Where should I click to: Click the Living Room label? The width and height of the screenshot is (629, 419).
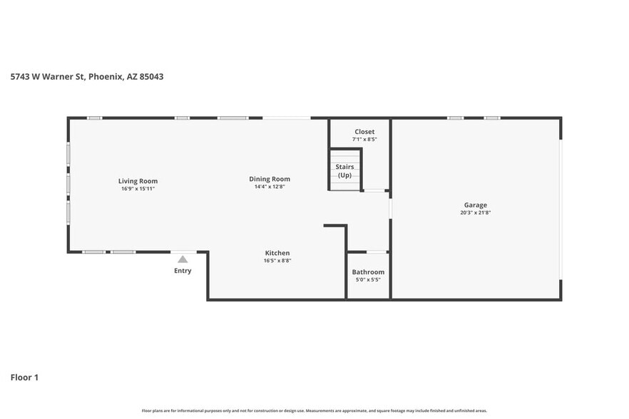tap(138, 181)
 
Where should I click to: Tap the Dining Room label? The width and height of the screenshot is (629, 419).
tap(270, 179)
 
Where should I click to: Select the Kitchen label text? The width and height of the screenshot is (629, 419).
tap(277, 253)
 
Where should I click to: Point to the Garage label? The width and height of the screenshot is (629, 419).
tap(475, 205)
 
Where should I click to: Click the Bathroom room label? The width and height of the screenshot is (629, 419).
tap(368, 272)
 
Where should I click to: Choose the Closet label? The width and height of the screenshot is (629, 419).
tap(364, 132)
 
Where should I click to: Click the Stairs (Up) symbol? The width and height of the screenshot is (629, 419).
tap(345, 171)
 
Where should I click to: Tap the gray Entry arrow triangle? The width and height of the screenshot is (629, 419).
tap(183, 259)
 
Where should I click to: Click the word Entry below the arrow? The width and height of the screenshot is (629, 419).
tap(183, 271)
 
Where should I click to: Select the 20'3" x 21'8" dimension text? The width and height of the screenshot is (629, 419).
tap(475, 213)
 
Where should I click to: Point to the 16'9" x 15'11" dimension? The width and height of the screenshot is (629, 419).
tap(138, 189)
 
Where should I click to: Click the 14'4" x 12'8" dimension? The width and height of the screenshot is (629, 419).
tap(270, 187)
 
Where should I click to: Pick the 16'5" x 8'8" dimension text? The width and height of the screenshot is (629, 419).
tap(277, 261)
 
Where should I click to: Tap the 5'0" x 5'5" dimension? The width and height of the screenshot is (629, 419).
tap(368, 280)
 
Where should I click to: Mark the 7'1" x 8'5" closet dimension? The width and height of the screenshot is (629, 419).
tap(364, 140)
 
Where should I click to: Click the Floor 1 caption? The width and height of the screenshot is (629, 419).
tap(24, 377)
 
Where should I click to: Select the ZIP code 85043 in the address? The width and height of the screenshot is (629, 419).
tap(150, 76)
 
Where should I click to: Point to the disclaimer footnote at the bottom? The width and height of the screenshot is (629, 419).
tap(314, 410)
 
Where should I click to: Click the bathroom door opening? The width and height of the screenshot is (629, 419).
tap(376, 252)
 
